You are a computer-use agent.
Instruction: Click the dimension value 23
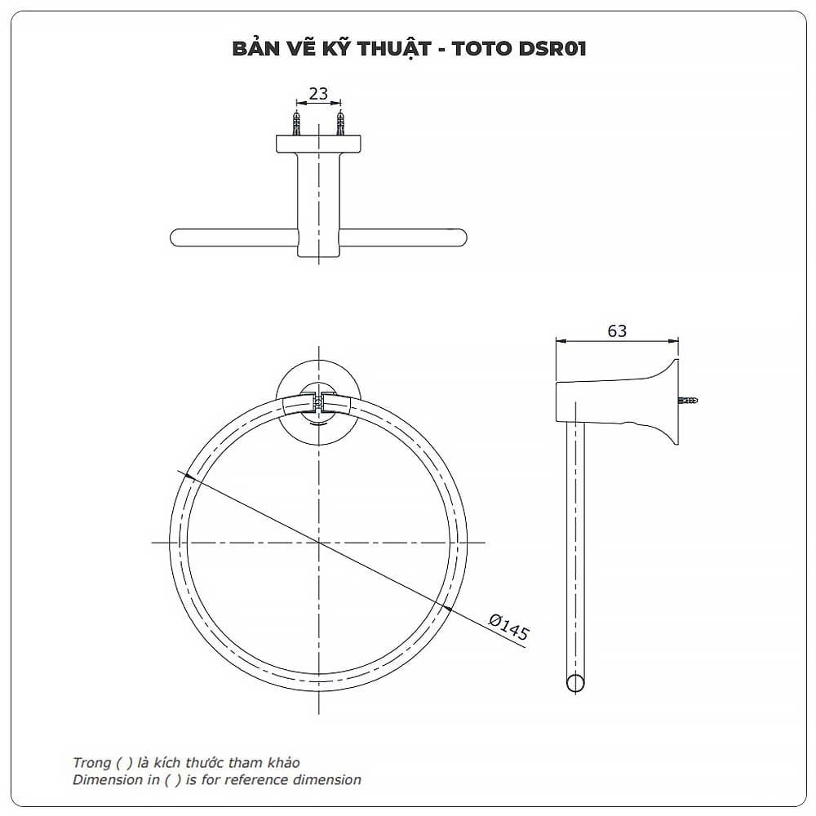(318, 94)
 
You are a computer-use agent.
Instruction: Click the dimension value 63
(617, 331)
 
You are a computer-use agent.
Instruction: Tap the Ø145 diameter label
(509, 627)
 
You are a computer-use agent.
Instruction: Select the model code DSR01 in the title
(552, 48)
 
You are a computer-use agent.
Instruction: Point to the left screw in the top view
(297, 123)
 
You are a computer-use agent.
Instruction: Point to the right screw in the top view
(339, 123)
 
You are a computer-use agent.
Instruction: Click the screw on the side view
(688, 400)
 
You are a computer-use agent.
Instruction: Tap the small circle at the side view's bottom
(575, 683)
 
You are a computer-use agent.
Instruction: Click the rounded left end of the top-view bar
(176, 237)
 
